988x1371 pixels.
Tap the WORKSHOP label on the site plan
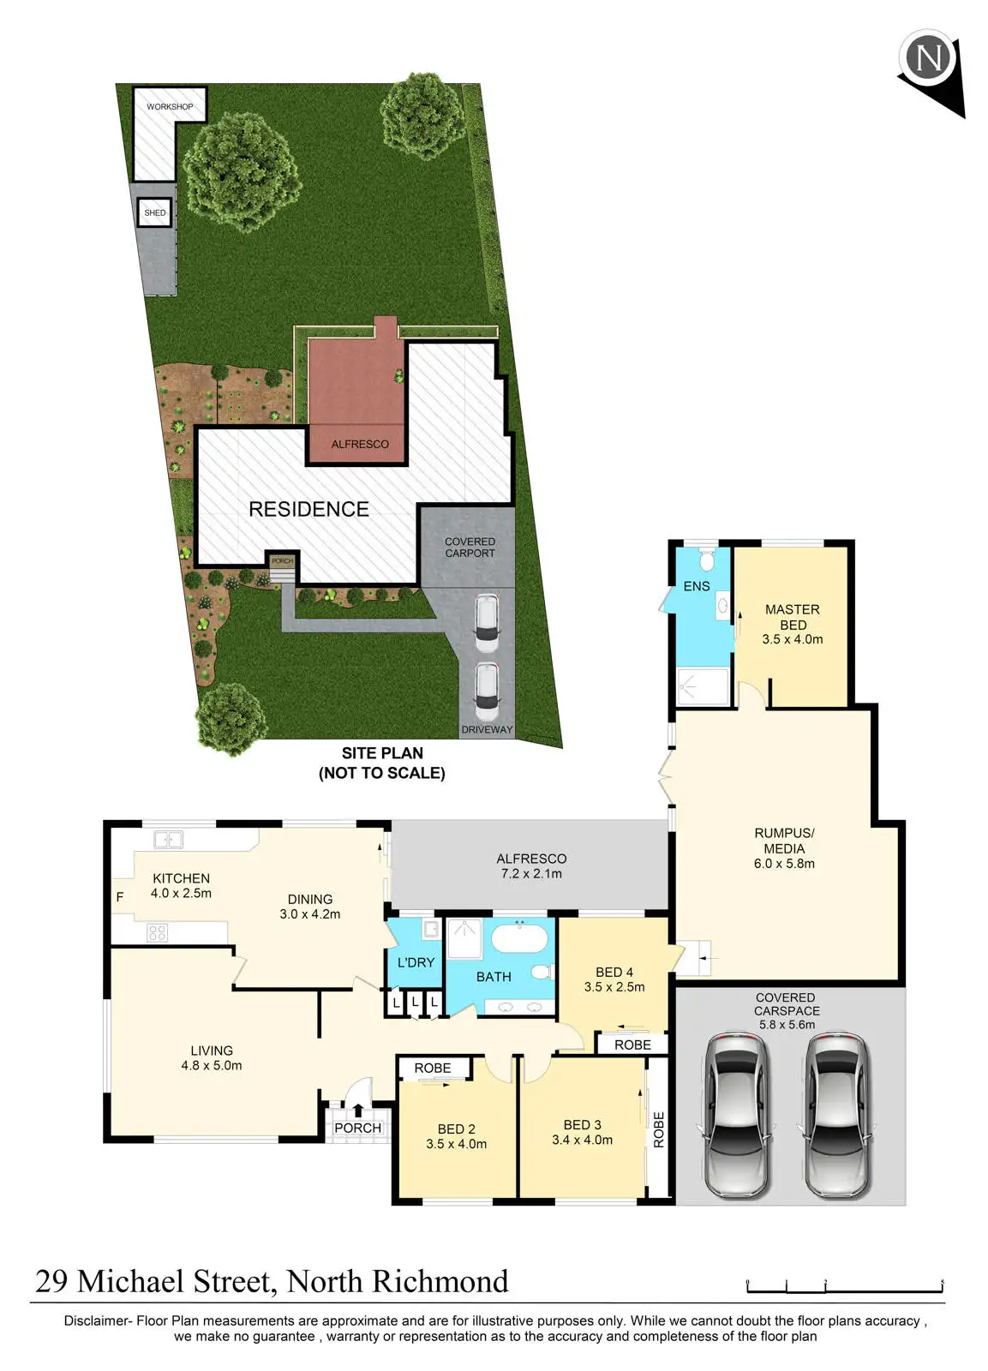pyautogui.click(x=170, y=106)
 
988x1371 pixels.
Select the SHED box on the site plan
pyautogui.click(x=155, y=213)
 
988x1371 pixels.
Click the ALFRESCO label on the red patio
pyautogui.click(x=360, y=444)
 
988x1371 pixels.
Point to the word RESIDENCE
pyautogui.click(x=308, y=509)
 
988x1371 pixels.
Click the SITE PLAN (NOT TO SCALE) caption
pyautogui.click(x=382, y=763)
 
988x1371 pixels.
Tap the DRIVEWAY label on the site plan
pyautogui.click(x=487, y=730)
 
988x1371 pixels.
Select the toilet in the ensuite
pyautogui.click(x=707, y=560)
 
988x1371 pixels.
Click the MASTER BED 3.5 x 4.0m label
pyautogui.click(x=793, y=624)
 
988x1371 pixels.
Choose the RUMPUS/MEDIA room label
pyautogui.click(x=784, y=848)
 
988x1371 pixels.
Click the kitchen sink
pyautogui.click(x=168, y=840)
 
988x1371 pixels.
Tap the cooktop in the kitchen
pyautogui.click(x=157, y=932)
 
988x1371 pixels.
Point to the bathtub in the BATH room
pyautogui.click(x=518, y=937)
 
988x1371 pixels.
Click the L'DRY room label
pyautogui.click(x=416, y=962)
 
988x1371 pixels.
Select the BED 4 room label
pyautogui.click(x=614, y=979)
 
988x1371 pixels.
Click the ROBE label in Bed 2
pyautogui.click(x=432, y=1068)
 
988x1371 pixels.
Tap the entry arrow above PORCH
pyautogui.click(x=358, y=1111)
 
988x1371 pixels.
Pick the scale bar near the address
pyautogui.click(x=845, y=1285)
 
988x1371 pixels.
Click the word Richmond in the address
pyautogui.click(x=440, y=1282)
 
